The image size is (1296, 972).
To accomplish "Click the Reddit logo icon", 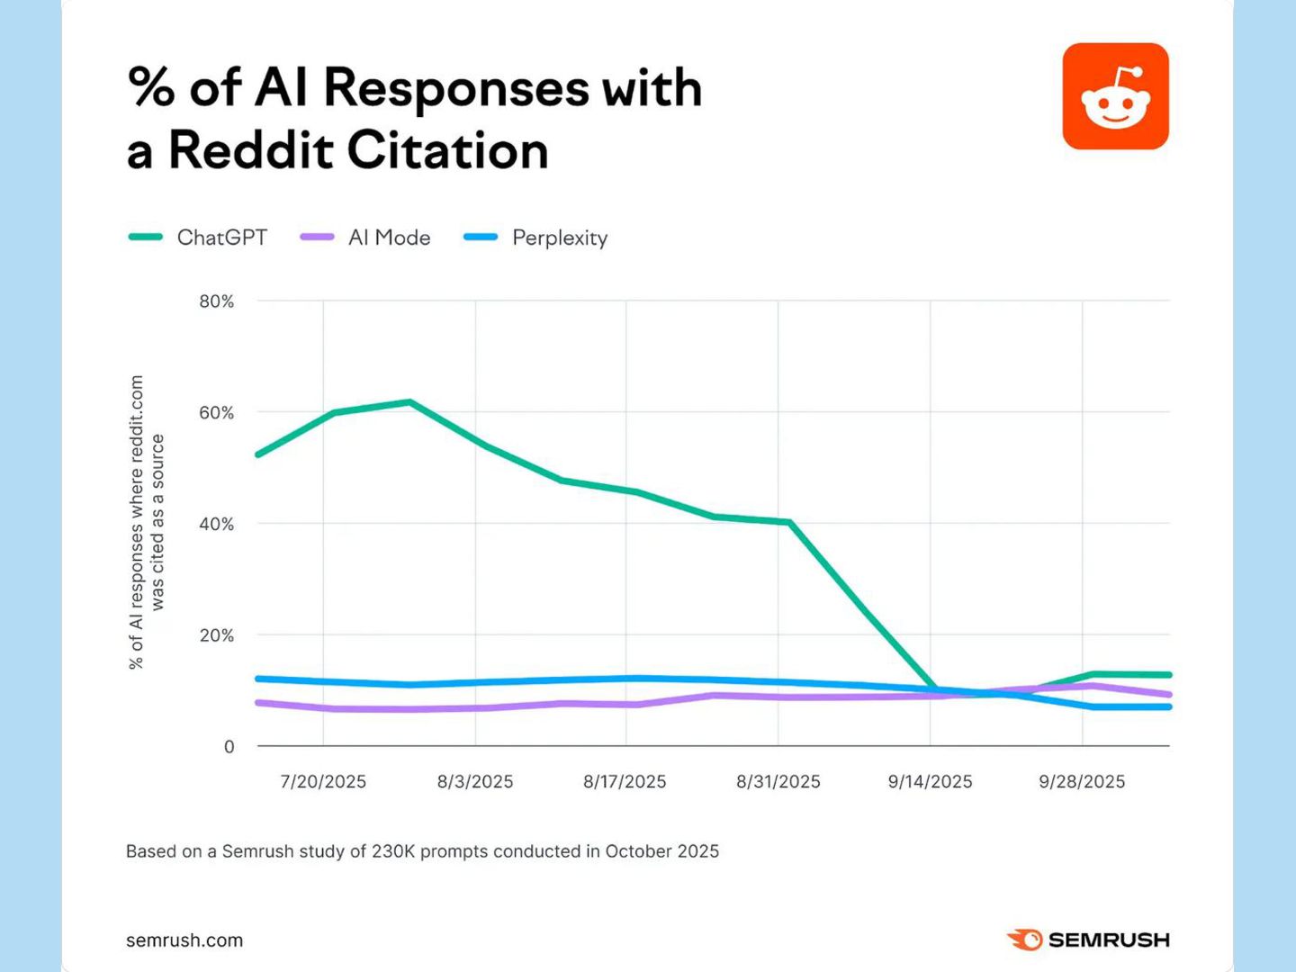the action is point(1115,96).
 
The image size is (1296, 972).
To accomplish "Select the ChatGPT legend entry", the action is point(198,238).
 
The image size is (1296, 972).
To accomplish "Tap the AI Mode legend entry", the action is point(365,238).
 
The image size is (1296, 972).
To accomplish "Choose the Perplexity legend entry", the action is point(535,238).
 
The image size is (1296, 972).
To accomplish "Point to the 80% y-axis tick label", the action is point(217,301).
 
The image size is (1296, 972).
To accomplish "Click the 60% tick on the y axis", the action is point(217,412).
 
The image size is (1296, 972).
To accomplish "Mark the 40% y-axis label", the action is point(217,524).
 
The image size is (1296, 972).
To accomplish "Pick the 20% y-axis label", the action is point(217,635).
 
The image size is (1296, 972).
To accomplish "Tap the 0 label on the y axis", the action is point(229,747).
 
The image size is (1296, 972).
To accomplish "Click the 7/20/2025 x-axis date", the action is point(323,781).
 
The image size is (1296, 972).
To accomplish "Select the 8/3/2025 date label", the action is point(475,781).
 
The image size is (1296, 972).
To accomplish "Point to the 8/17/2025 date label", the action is point(625,781).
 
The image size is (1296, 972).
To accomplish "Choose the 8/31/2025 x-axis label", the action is point(778,781).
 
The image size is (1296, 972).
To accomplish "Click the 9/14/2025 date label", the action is point(930,781).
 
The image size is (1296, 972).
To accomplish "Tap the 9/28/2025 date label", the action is point(1083,781).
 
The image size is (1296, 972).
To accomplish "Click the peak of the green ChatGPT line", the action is point(409,402).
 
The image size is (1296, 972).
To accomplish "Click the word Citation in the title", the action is point(447,150).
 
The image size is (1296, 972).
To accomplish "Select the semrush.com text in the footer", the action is point(184,940).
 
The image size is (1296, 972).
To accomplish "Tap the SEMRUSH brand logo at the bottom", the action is point(1088,940).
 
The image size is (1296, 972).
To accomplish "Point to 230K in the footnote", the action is point(392,851).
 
